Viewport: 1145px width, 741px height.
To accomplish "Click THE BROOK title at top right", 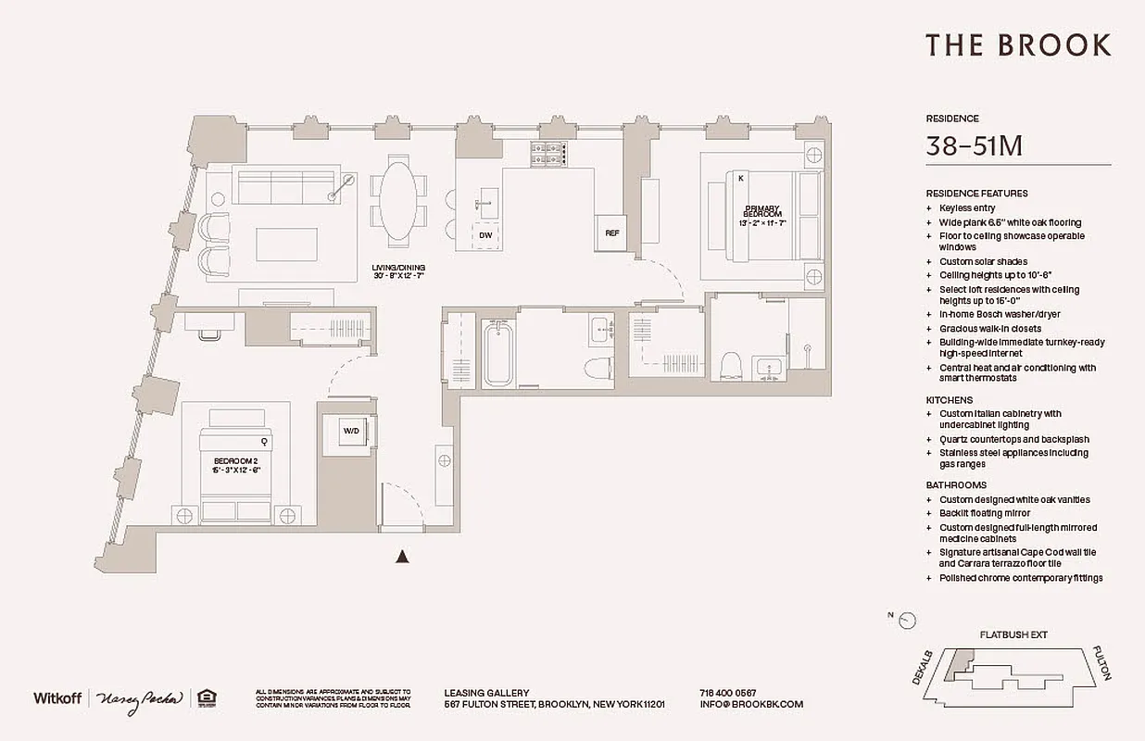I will [x=1018, y=44].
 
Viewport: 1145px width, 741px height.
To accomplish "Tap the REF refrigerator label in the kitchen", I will [x=611, y=233].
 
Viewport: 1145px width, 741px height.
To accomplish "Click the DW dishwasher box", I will [x=485, y=235].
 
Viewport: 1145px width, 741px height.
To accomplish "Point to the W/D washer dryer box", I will [x=352, y=431].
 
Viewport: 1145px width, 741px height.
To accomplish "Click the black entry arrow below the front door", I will [x=402, y=556].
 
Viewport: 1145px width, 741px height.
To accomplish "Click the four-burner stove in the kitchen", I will [x=548, y=154].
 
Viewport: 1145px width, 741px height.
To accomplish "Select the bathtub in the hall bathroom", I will [x=497, y=355].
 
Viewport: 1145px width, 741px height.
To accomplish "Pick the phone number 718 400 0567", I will [x=727, y=693].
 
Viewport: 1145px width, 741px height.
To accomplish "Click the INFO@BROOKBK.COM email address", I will [x=751, y=704].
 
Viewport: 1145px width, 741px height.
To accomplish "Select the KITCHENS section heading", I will [x=949, y=399].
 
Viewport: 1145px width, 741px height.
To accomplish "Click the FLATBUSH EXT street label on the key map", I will [x=1013, y=635].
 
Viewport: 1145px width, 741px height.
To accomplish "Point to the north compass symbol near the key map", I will [x=907, y=621].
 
